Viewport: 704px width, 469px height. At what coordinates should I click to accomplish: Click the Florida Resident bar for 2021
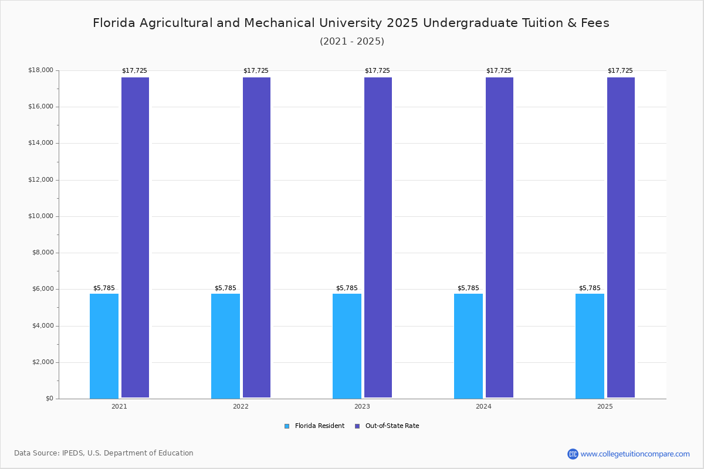[x=104, y=346]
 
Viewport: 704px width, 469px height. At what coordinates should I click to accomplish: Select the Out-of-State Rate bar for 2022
[x=256, y=237]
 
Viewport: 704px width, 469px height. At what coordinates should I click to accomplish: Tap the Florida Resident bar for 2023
[x=347, y=346]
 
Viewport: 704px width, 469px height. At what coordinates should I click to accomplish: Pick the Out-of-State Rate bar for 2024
[x=499, y=237]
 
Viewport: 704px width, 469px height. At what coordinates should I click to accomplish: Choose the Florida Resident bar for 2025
[x=590, y=346]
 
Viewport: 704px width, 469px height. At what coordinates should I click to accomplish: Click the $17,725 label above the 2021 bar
[x=134, y=70]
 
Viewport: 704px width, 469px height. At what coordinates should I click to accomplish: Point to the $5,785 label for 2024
[x=468, y=288]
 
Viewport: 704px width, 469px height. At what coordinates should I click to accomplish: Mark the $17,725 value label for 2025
[x=620, y=70]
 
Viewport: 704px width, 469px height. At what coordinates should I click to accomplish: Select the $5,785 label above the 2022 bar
[x=225, y=288]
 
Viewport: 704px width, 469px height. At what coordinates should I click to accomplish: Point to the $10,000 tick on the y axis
[x=40, y=216]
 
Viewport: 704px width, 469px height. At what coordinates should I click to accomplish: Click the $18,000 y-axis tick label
[x=40, y=70]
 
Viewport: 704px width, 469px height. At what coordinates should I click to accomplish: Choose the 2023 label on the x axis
[x=362, y=406]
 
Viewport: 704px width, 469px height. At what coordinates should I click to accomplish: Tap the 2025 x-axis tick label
[x=605, y=406]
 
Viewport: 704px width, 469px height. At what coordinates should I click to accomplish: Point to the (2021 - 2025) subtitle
[x=352, y=41]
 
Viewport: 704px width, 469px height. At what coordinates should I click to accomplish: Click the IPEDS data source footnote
[x=104, y=453]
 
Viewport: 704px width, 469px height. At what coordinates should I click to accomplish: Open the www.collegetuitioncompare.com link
[x=635, y=454]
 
